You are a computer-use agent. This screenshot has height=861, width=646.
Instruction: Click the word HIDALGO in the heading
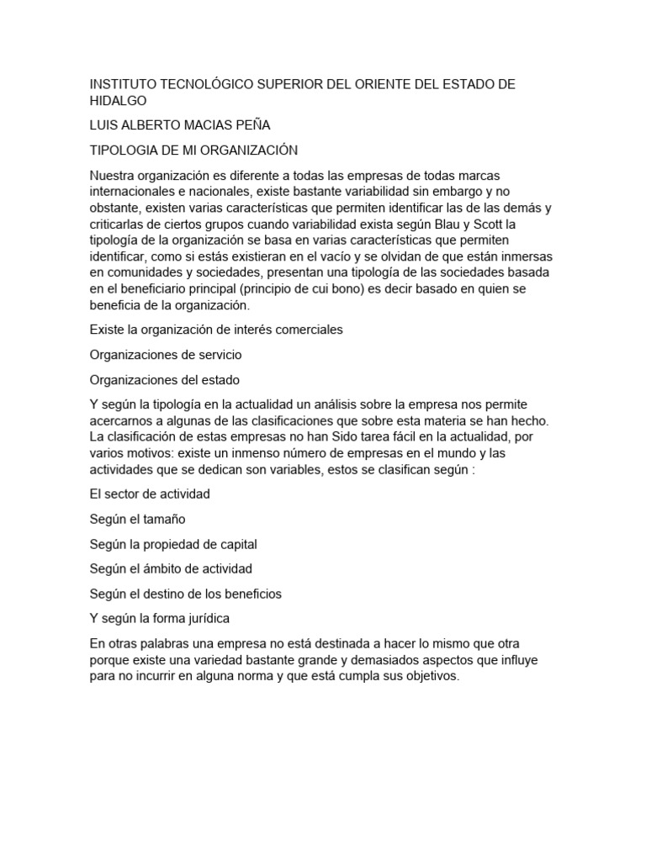pyautogui.click(x=118, y=101)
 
